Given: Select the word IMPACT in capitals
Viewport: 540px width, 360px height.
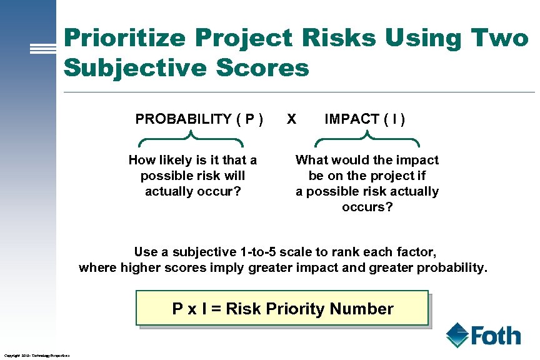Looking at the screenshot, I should coord(352,119).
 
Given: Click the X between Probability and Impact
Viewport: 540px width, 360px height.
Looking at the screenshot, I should coord(291,119).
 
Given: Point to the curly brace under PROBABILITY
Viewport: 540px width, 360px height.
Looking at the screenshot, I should coord(190,139).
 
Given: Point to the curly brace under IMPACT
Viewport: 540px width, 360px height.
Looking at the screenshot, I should coord(365,139).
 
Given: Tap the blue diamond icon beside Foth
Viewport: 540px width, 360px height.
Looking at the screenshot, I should coord(457,334).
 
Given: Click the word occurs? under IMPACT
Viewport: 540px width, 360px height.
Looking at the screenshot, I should coord(367,207).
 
